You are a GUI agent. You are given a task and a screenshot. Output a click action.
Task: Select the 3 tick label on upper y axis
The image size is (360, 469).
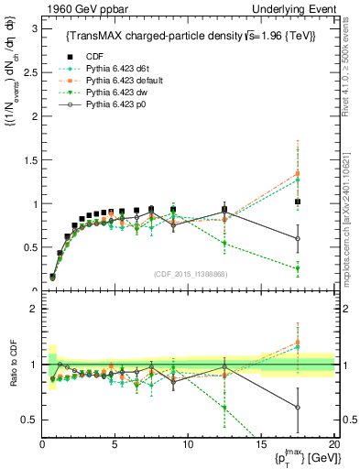tap(32, 28)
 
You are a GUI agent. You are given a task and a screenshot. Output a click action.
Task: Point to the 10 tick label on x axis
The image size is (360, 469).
tap(187, 444)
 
